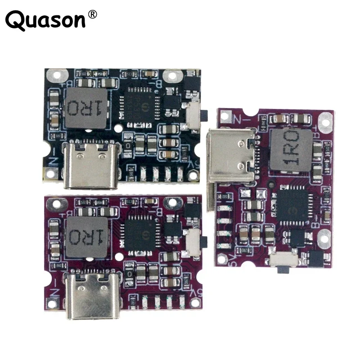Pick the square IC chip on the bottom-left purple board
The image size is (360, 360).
click(140, 229)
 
